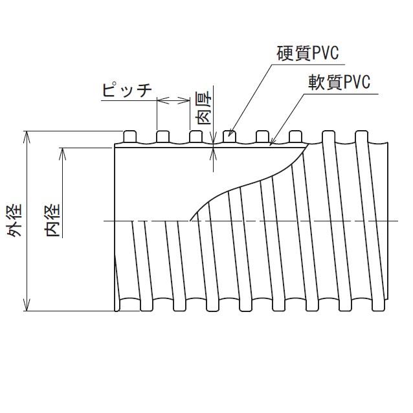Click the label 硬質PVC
click(307, 52)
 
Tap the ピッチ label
click(128, 90)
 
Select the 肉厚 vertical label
click(203, 109)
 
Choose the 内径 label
click(53, 220)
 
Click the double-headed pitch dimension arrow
click(172, 100)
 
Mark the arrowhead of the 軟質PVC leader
click(273, 143)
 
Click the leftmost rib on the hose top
click(129, 137)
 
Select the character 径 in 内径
click(53, 210)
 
